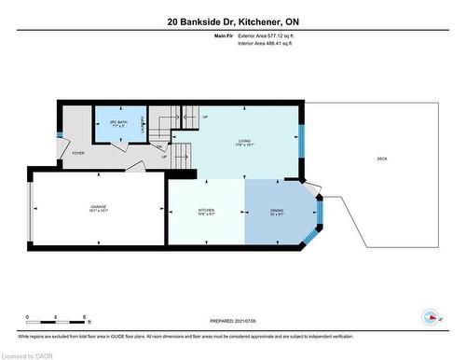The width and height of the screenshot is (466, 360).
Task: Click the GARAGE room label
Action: point(98,206)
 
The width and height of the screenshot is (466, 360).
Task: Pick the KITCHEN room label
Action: point(206,211)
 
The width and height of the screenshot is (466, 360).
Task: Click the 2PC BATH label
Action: point(118,125)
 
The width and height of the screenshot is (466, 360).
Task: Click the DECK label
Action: point(381,159)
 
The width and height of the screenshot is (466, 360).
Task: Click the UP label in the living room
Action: point(205,118)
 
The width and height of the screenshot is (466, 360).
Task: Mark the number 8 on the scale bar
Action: point(86,317)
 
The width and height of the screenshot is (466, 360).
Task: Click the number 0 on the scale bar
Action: point(27,317)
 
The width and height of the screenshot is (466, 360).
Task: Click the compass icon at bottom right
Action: point(431,317)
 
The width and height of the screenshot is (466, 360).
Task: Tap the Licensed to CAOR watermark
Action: point(27,354)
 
